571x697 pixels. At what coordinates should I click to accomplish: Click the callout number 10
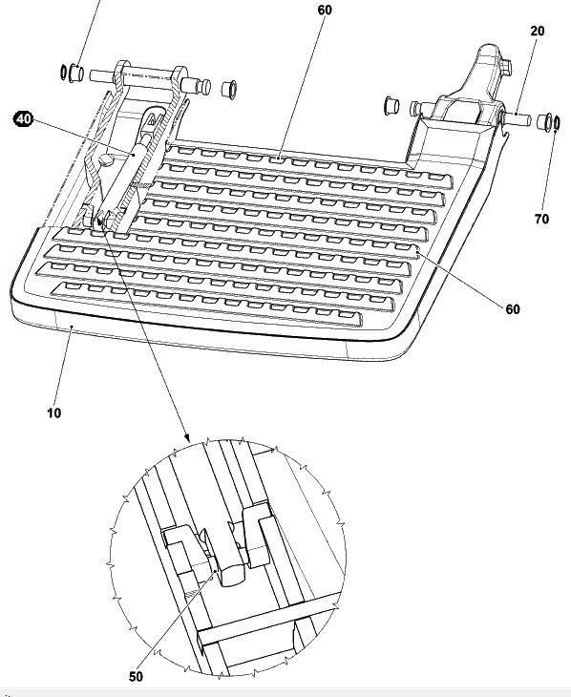(53, 413)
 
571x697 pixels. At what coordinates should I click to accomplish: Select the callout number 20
(538, 32)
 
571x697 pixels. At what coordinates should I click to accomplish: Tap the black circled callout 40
(23, 119)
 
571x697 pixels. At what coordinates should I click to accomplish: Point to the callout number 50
(137, 677)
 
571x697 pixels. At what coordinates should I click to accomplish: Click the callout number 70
(541, 219)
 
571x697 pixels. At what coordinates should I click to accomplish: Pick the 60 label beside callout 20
(325, 10)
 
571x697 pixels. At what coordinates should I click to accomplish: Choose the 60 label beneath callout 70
(513, 309)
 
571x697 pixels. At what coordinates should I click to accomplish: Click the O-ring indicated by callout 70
(557, 122)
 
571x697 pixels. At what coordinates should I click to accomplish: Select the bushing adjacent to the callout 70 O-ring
(544, 120)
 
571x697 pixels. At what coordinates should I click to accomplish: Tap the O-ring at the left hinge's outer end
(64, 72)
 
